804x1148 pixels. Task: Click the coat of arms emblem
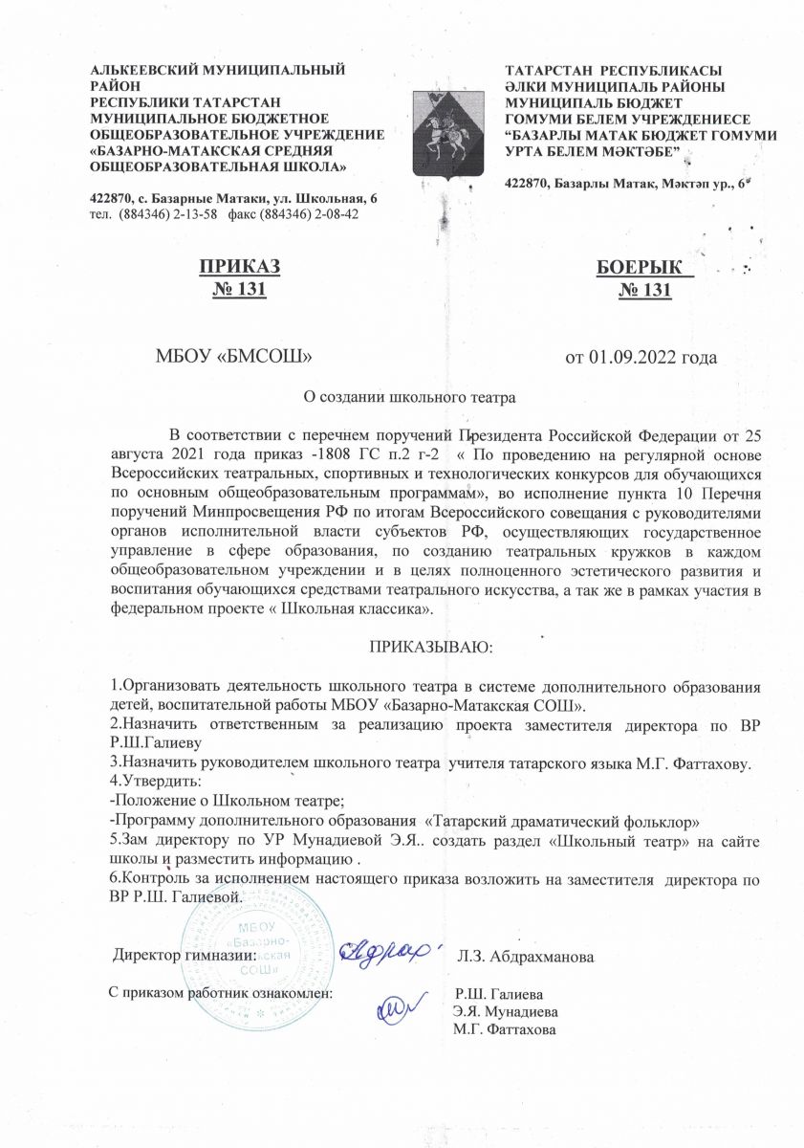point(445,131)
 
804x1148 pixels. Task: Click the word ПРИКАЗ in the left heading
point(240,267)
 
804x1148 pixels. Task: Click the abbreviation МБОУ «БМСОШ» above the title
point(235,358)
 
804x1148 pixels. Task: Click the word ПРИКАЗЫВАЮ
point(430,648)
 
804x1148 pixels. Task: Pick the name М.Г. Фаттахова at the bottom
point(507,1028)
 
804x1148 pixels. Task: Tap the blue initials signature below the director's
point(401,1004)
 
